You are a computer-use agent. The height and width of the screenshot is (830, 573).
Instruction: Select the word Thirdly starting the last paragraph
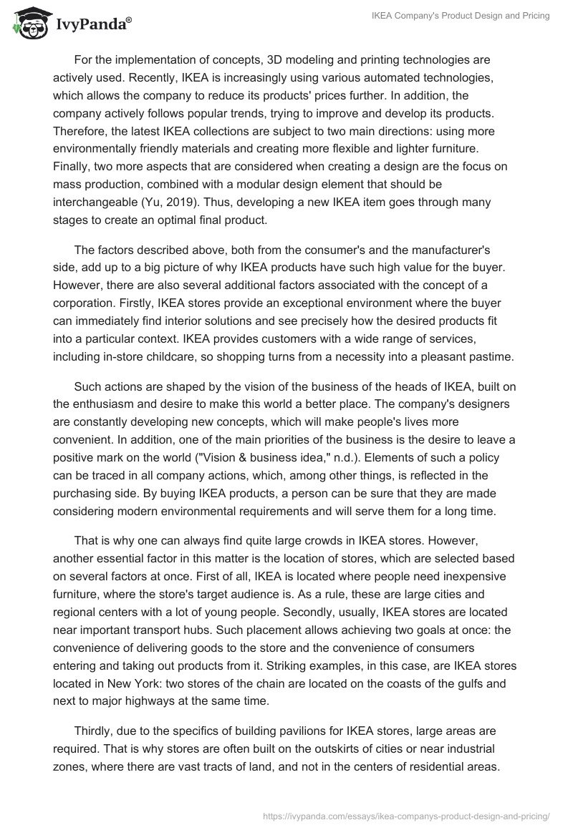[x=97, y=731]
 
